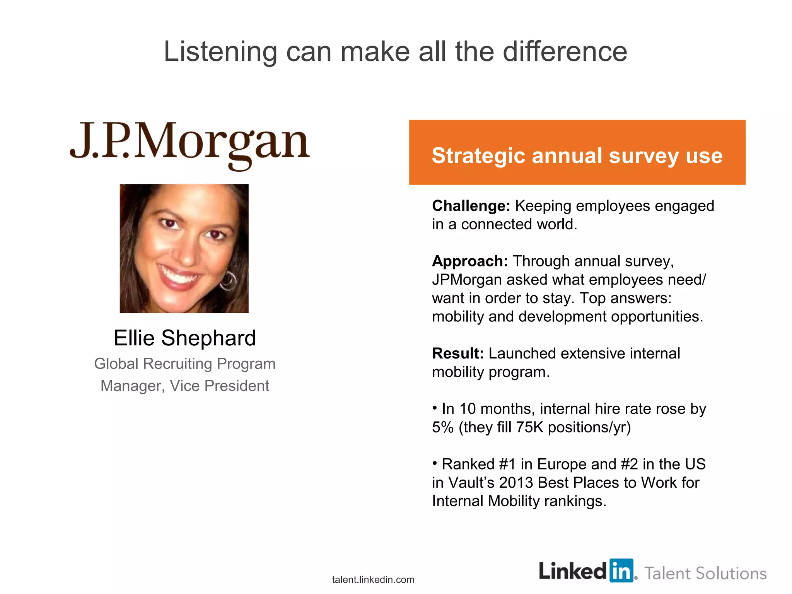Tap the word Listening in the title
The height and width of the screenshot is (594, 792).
click(x=220, y=52)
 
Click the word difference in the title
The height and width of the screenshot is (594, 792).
click(x=565, y=52)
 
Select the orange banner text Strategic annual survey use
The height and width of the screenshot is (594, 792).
click(x=577, y=155)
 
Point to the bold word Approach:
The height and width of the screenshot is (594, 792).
click(x=469, y=261)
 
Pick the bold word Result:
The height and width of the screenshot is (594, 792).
click(x=457, y=353)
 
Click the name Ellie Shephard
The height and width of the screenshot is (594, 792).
click(x=185, y=338)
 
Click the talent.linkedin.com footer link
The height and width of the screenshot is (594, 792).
click(x=373, y=580)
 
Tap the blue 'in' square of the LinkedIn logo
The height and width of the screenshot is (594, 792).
click(x=621, y=571)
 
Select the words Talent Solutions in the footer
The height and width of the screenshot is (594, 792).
click(x=705, y=573)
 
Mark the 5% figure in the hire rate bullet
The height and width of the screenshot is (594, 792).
click(x=442, y=427)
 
